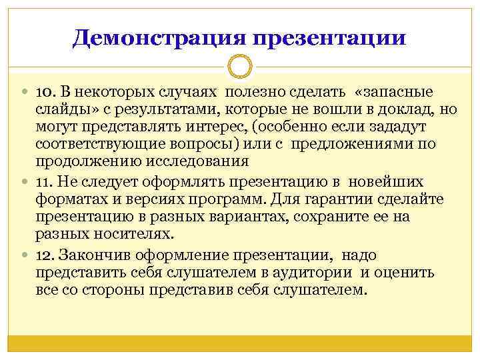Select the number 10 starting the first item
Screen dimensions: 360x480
click(x=44, y=91)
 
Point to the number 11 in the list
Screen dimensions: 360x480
click(x=43, y=182)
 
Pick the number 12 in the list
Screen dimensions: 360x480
click(x=44, y=255)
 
